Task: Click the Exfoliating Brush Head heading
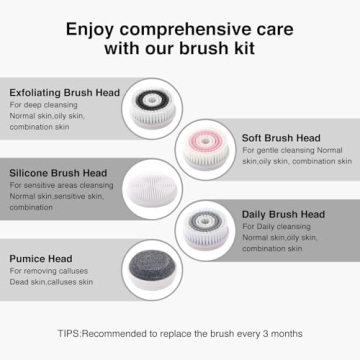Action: (x=65, y=92)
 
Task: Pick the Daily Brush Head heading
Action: (x=283, y=214)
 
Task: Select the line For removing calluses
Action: (x=50, y=272)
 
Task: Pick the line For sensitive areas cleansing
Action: (x=61, y=185)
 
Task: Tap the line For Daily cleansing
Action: (x=275, y=228)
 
